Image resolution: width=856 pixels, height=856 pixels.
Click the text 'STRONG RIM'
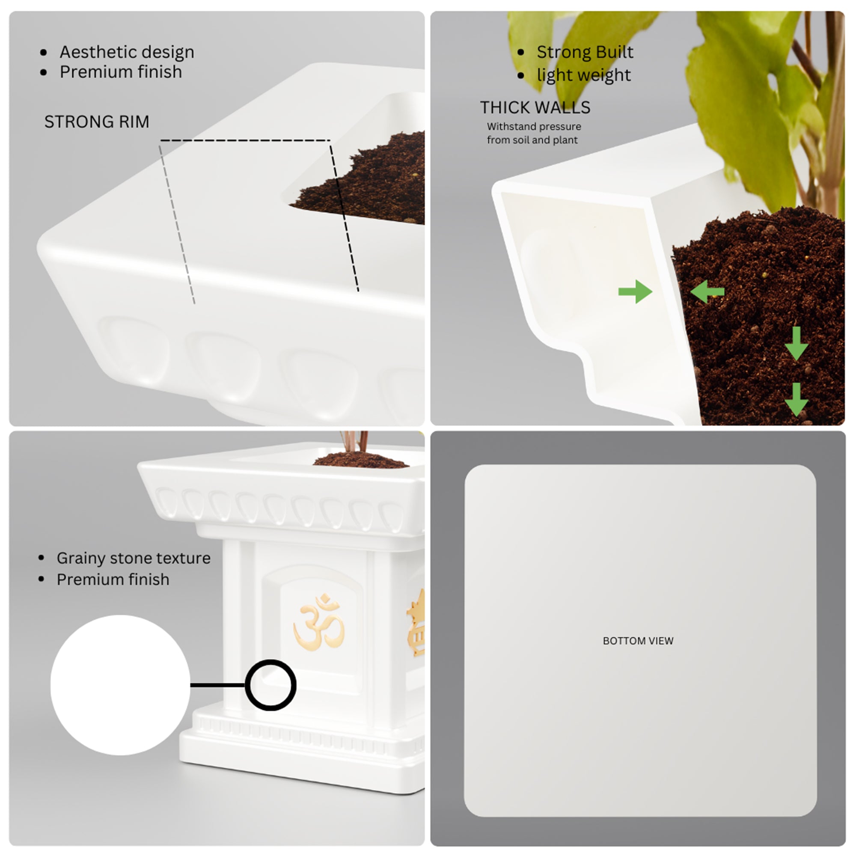(97, 122)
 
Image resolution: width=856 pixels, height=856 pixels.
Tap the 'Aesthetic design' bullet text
(127, 52)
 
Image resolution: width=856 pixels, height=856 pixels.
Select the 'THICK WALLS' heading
(535, 108)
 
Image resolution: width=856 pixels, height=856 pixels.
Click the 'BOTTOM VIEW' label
(638, 641)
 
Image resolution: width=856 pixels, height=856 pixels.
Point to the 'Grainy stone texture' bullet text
(134, 558)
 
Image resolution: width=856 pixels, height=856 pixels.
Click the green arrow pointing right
(635, 291)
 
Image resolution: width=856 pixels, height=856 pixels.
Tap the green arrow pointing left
(707, 291)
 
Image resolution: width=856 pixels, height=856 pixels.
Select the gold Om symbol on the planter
(318, 622)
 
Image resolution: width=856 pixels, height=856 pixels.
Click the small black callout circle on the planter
(271, 684)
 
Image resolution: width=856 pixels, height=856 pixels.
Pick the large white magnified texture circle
(120, 685)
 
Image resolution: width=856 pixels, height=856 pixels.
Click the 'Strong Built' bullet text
(585, 52)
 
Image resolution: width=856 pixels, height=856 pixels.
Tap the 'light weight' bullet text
(583, 75)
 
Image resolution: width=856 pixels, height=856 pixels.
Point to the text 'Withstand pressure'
(534, 126)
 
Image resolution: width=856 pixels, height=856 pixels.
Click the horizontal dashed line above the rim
(245, 140)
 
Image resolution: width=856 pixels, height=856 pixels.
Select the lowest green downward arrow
(797, 400)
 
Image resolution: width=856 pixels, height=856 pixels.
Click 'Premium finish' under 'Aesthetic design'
(121, 72)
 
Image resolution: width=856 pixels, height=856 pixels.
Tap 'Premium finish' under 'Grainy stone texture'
(113, 580)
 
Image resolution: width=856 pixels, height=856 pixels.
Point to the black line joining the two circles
(218, 685)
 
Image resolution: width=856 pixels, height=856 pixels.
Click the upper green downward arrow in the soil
(797, 344)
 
